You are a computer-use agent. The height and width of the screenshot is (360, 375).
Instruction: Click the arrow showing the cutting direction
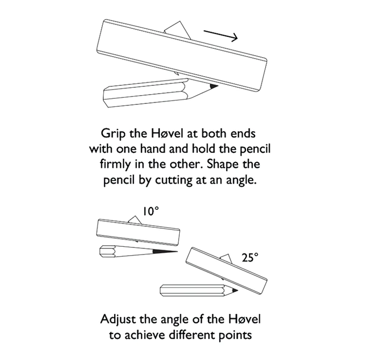click(220, 35)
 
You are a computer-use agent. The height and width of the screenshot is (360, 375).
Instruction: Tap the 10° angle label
click(151, 211)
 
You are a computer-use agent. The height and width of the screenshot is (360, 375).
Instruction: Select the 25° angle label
click(250, 258)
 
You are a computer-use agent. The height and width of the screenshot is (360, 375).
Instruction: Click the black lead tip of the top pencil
click(214, 86)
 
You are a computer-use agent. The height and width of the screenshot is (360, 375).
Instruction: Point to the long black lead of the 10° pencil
click(165, 251)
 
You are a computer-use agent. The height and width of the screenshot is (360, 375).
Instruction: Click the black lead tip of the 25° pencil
click(234, 290)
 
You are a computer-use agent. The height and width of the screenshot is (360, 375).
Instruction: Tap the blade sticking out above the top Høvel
click(178, 30)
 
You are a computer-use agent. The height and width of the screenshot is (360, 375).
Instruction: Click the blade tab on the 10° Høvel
click(135, 220)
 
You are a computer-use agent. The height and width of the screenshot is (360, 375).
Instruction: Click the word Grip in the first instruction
click(113, 134)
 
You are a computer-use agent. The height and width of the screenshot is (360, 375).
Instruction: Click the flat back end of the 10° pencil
click(101, 251)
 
